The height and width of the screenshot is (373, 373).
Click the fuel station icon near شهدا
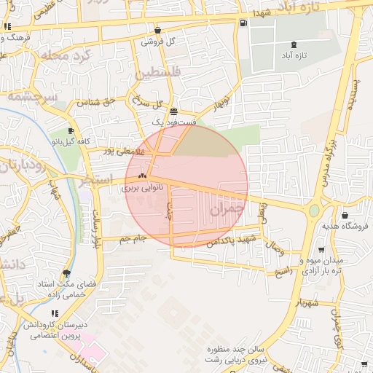(x=243, y=22)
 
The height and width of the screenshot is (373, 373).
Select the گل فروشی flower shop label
(x=161, y=42)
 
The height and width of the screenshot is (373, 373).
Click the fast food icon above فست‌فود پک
(x=173, y=112)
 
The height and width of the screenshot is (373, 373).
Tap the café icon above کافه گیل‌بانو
(x=71, y=130)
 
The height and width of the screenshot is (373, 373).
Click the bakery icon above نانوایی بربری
(x=143, y=176)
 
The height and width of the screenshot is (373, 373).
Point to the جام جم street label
(x=133, y=238)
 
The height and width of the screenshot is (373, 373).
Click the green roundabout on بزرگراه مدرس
(x=313, y=211)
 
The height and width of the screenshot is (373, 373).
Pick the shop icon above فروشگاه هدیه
(x=344, y=215)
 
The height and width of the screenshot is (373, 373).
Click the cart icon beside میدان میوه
(x=363, y=250)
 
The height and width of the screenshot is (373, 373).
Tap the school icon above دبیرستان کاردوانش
(x=55, y=313)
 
